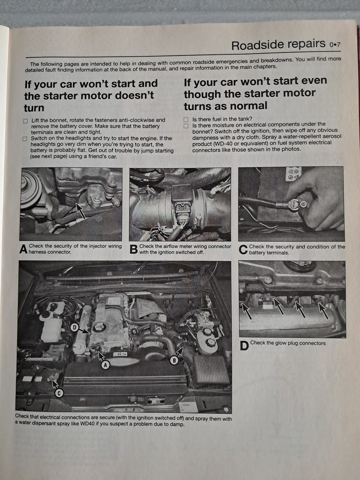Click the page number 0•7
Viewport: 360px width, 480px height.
coord(335,45)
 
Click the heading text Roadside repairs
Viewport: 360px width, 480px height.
coord(278,45)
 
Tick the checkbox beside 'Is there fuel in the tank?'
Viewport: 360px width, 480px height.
coord(186,120)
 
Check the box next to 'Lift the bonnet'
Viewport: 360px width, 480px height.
coord(25,121)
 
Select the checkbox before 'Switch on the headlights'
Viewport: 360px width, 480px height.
coord(25,139)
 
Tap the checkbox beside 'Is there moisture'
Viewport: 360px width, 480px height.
coord(186,126)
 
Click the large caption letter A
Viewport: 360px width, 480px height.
coord(23,249)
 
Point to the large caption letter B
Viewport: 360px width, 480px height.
coord(133,249)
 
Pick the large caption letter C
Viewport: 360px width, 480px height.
coord(243,250)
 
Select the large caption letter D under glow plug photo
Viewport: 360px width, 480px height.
coord(244,346)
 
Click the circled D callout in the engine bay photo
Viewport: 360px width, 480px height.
coord(75,327)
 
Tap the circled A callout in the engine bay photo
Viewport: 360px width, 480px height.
coord(106,365)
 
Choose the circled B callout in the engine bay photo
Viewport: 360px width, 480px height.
coord(174,360)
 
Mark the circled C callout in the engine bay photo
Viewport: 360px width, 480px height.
coord(59,393)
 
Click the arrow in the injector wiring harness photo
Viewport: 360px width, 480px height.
coord(80,211)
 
